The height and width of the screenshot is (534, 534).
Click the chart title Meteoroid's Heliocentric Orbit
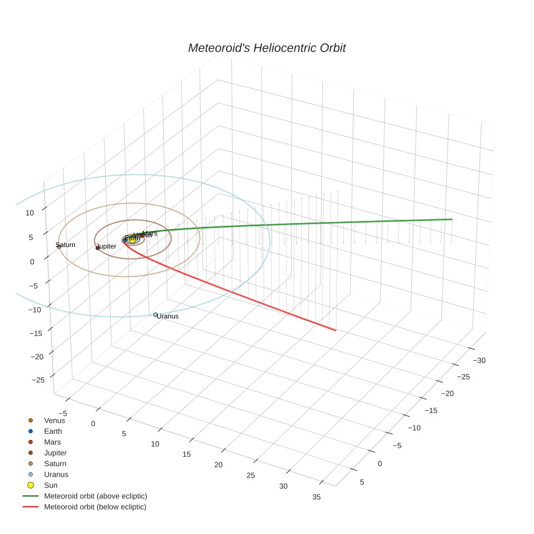tap(266, 48)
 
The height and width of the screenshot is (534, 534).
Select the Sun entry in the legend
tap(50, 485)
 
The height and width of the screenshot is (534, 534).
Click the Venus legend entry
tap(54, 420)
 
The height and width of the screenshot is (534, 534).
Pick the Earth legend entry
tap(53, 431)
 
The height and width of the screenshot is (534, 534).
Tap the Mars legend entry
tap(52, 442)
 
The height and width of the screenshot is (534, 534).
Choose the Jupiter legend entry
tap(55, 453)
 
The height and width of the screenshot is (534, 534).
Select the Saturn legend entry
tap(55, 463)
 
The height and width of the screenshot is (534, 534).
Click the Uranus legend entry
tap(56, 474)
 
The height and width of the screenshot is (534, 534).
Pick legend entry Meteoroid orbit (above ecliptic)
tap(95, 496)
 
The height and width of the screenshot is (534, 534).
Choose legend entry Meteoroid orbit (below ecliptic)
tap(95, 507)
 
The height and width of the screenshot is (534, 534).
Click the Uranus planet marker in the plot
tap(155, 315)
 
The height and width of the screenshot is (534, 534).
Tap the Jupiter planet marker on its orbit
tap(98, 248)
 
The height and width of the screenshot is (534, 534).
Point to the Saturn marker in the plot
tap(59, 247)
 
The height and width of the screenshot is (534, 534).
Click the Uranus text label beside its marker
tap(168, 316)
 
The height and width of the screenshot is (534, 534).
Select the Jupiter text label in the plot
tap(107, 246)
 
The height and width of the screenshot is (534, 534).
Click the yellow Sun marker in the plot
tap(132, 240)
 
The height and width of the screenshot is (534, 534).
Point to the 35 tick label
tap(316, 497)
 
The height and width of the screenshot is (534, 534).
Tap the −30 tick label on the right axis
tap(479, 360)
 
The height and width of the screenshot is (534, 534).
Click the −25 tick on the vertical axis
tap(38, 380)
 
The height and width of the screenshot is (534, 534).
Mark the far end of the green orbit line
tap(452, 219)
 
